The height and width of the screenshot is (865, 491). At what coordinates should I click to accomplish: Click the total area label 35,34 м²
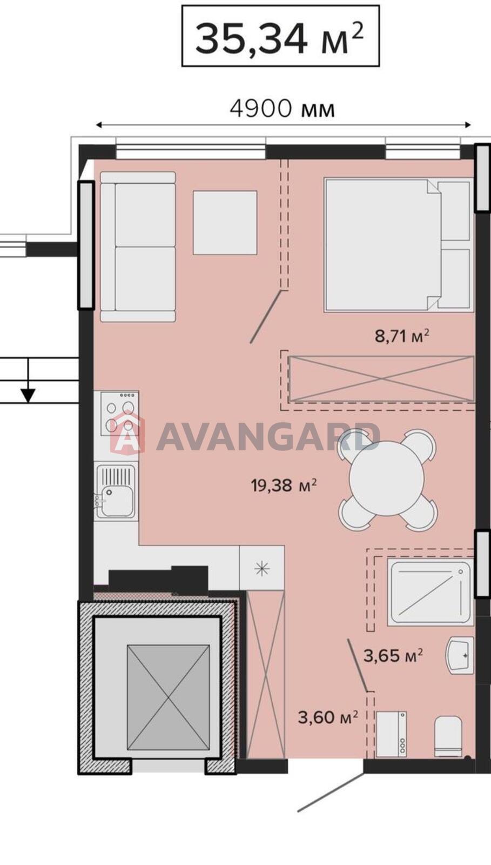tap(280, 37)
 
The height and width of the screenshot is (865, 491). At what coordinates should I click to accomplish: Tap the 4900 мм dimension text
tap(283, 109)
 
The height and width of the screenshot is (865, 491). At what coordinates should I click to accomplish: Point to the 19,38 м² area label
tap(284, 484)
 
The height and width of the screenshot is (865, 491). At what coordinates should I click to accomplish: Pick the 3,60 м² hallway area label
tap(328, 717)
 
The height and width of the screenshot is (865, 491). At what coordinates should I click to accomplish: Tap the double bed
tap(399, 244)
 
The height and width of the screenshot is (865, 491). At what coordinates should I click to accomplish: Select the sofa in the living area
tap(138, 247)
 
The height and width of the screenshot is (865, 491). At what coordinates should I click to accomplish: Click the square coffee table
tap(225, 222)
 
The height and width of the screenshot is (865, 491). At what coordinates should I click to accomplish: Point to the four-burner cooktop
tap(120, 414)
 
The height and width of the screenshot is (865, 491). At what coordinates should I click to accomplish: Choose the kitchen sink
tap(116, 491)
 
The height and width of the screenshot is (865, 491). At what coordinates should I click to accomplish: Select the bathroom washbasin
tap(460, 656)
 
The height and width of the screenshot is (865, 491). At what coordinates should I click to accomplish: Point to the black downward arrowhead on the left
tap(28, 395)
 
